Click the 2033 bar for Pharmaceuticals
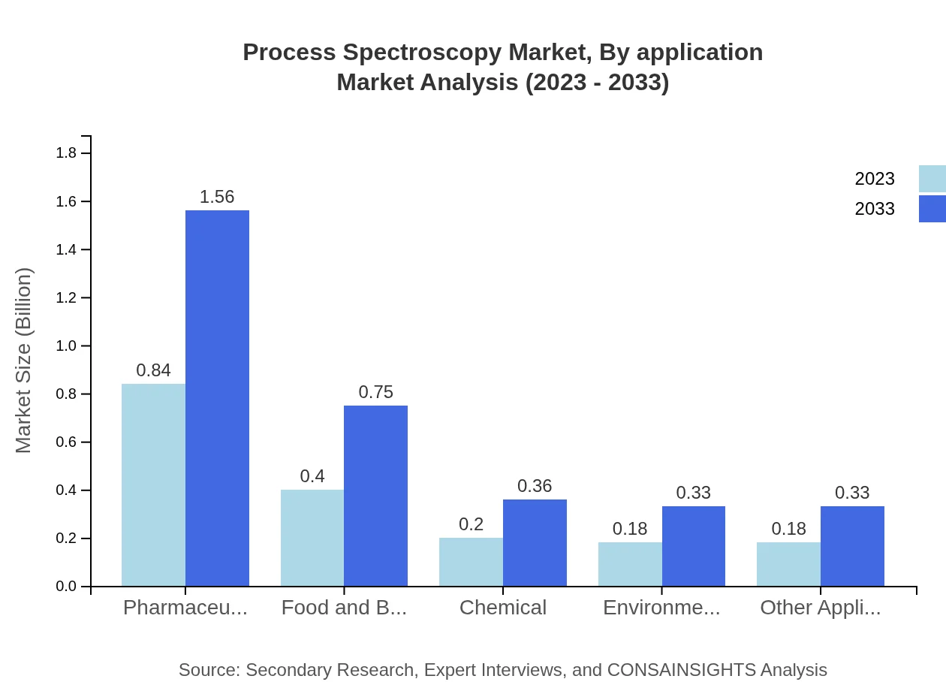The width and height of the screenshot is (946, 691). pos(217,398)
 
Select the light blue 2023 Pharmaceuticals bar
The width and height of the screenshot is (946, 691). pos(153,485)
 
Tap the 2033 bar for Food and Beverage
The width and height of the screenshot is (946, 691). pos(375,496)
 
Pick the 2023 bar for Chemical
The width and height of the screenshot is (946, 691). pos(471,562)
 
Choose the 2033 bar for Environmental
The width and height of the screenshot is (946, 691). pos(694,546)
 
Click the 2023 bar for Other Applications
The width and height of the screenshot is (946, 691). pos(788,564)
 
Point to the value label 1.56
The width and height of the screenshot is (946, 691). pos(217,197)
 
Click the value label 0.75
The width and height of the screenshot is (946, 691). pos(375,392)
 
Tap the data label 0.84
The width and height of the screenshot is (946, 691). pos(153,370)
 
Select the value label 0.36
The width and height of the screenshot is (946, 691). pos(535,486)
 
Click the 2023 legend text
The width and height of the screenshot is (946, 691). pos(875,179)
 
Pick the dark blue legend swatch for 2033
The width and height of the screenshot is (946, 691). pos(932,209)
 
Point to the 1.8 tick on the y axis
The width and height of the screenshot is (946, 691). pos(67,153)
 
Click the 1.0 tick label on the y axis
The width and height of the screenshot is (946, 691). pos(67,346)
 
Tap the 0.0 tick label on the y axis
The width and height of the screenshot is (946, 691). pos(67,587)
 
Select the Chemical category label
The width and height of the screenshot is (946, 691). pos(503,608)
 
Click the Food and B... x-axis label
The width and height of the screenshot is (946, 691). pos(344,608)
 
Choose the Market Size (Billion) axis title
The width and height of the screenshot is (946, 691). pos(24,361)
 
